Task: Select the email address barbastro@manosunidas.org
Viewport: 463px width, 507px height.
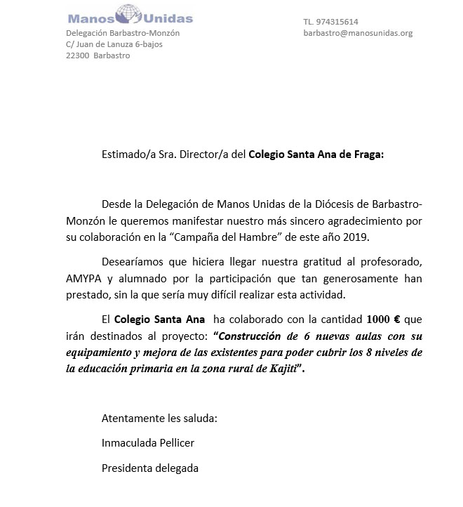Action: click(358, 33)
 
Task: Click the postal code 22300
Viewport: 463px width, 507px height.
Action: click(77, 55)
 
